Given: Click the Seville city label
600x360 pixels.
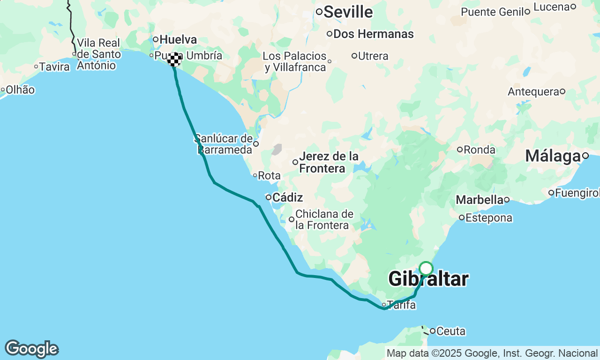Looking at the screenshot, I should point(348,12).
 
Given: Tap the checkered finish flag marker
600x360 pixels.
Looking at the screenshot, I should point(174,60).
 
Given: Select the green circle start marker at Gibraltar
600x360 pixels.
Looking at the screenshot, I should point(426,269).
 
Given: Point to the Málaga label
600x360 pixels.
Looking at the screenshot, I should point(553,156).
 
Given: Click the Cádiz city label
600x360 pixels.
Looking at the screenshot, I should point(287,197).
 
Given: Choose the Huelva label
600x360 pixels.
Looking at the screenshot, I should point(178,39).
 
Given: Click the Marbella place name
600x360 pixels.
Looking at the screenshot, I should point(479,200).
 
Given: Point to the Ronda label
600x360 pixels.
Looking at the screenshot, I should point(480,150).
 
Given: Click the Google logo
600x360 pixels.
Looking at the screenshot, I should point(32,349).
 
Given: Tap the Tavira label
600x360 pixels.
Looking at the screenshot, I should point(54,67).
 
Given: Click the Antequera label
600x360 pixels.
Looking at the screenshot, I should point(533,91).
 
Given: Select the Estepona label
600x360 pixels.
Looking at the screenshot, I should point(489,218).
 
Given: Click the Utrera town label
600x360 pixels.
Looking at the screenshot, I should point(373,56).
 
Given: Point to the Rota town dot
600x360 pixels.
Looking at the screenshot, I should point(255,175).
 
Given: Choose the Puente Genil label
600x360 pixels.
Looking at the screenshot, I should point(492,12).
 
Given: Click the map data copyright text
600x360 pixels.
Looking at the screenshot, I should point(492,353).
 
